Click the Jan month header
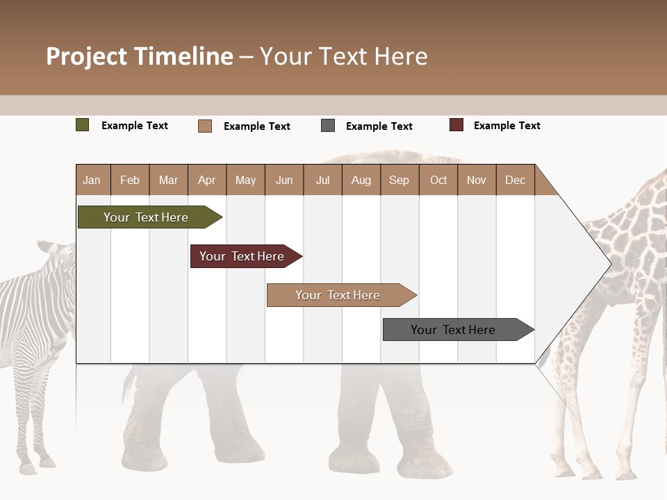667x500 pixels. click(92, 180)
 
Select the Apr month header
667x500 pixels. click(207, 180)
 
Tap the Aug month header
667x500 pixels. click(361, 180)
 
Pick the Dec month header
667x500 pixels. click(515, 180)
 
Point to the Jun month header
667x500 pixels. click(284, 180)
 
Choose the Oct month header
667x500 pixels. click(438, 180)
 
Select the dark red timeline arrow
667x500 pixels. click(243, 256)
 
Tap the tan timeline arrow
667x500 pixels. click(339, 295)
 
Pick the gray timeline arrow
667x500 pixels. click(455, 330)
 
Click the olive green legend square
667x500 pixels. click(83, 125)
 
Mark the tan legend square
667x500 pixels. click(205, 126)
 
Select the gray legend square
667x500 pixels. click(328, 126)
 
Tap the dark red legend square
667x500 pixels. click(456, 125)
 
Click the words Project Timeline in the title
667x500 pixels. click(140, 56)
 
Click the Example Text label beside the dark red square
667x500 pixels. click(507, 126)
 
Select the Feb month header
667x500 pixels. click(130, 180)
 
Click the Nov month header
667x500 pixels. click(477, 180)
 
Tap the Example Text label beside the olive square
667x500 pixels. click(135, 126)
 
